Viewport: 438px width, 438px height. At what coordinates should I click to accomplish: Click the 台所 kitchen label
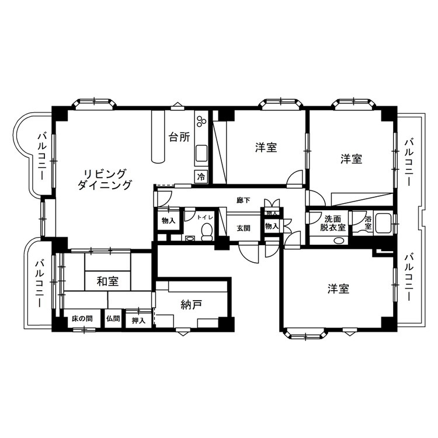[179, 137]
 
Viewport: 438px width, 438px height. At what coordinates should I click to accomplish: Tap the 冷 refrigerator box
[201, 176]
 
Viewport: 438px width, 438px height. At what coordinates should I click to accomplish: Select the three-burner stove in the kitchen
[201, 121]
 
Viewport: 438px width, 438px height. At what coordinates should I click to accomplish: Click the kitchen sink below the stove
[201, 153]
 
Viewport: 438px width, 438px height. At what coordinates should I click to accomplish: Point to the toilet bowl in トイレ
[207, 232]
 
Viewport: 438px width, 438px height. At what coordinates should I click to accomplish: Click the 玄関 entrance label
[244, 228]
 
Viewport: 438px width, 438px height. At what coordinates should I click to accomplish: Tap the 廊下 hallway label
[244, 200]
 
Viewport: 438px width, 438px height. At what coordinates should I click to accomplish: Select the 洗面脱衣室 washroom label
[333, 223]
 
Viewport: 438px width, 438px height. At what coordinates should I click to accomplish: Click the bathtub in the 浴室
[384, 223]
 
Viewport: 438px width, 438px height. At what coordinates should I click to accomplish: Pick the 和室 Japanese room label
[108, 281]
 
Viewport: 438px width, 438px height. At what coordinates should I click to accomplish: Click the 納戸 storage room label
[192, 305]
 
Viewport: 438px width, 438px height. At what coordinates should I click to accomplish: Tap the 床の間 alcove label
[82, 319]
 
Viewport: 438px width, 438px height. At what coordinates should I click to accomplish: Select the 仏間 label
[113, 318]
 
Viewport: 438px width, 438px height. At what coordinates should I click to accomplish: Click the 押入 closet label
[139, 321]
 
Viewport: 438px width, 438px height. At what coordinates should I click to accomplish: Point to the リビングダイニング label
[105, 179]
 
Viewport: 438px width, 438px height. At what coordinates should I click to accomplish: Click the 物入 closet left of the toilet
[168, 221]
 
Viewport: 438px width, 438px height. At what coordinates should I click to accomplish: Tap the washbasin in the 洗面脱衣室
[339, 240]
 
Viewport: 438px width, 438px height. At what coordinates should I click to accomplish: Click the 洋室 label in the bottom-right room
[339, 289]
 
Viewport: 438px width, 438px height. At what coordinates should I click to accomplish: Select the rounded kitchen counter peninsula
[159, 136]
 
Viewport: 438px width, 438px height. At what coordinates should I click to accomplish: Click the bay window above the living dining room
[94, 102]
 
